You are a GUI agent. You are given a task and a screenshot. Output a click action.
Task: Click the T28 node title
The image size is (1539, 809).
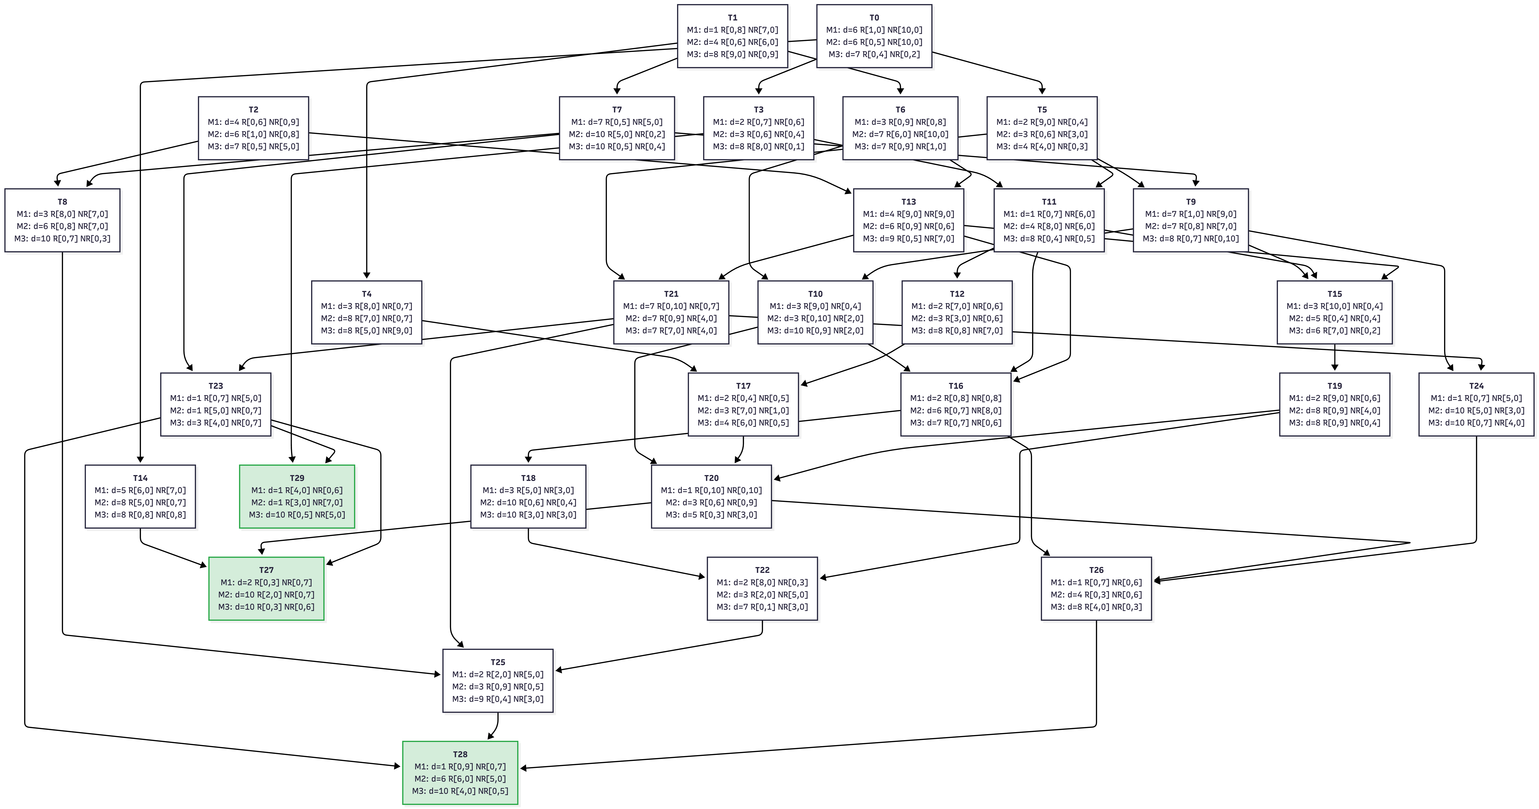pos(460,754)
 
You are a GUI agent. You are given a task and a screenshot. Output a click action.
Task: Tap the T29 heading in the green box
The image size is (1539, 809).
pos(297,478)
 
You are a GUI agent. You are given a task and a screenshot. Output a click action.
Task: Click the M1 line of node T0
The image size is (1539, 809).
pos(874,30)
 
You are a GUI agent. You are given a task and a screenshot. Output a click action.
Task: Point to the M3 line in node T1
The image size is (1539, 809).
pos(732,54)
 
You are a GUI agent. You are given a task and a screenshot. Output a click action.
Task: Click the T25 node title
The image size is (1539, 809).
pos(498,662)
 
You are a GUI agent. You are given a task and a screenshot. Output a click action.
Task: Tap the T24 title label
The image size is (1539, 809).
pos(1476,386)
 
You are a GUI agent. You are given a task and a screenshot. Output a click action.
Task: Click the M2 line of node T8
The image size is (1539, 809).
pos(62,226)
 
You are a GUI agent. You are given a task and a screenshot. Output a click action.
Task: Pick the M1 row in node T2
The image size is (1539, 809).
pos(253,122)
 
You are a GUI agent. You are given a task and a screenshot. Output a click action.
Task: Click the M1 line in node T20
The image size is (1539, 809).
pos(711,490)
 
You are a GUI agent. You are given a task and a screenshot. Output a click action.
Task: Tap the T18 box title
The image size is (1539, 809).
pos(528,478)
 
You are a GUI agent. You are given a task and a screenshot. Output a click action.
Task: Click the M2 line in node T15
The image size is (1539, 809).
pos(1335,318)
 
